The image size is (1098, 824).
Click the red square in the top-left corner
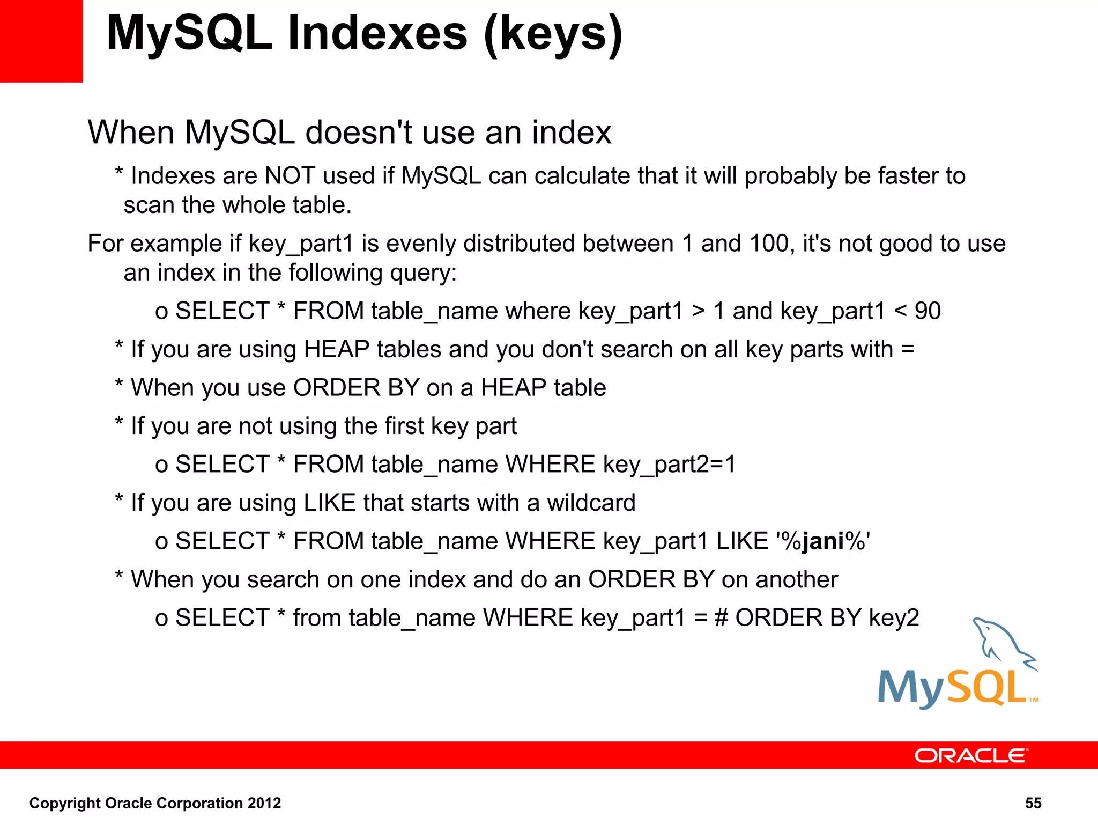(41, 41)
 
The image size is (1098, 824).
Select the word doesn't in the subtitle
(359, 133)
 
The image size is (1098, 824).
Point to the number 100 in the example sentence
(769, 244)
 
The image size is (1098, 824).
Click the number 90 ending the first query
(928, 311)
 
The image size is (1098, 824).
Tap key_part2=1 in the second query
(669, 465)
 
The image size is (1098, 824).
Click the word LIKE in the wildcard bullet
(330, 503)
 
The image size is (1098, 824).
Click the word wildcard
(591, 503)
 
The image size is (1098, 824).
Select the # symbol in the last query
(722, 618)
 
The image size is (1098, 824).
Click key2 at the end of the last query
(894, 618)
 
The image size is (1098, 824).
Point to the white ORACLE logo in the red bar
(970, 756)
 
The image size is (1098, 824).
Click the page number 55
(1033, 803)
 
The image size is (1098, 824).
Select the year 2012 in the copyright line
(264, 803)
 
